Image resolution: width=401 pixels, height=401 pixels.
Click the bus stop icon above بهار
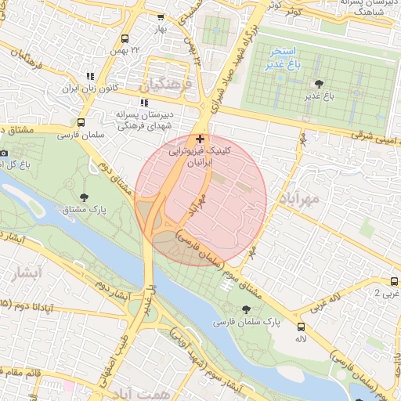coord(161,16)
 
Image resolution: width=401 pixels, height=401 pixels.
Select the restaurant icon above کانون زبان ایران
coord(91,76)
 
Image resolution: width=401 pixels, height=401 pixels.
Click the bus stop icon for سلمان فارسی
coord(81,123)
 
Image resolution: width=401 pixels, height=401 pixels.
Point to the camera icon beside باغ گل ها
coord(4,153)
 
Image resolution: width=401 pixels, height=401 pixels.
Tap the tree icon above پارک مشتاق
coord(85,197)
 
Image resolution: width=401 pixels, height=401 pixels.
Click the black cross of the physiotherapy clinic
coord(200,139)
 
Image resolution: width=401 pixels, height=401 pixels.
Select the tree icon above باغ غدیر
coord(318,83)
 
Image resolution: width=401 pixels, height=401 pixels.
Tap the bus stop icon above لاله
coord(302,326)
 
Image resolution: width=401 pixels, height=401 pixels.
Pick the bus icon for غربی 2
coord(394,280)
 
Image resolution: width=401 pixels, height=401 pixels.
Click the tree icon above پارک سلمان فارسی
coord(247,310)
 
